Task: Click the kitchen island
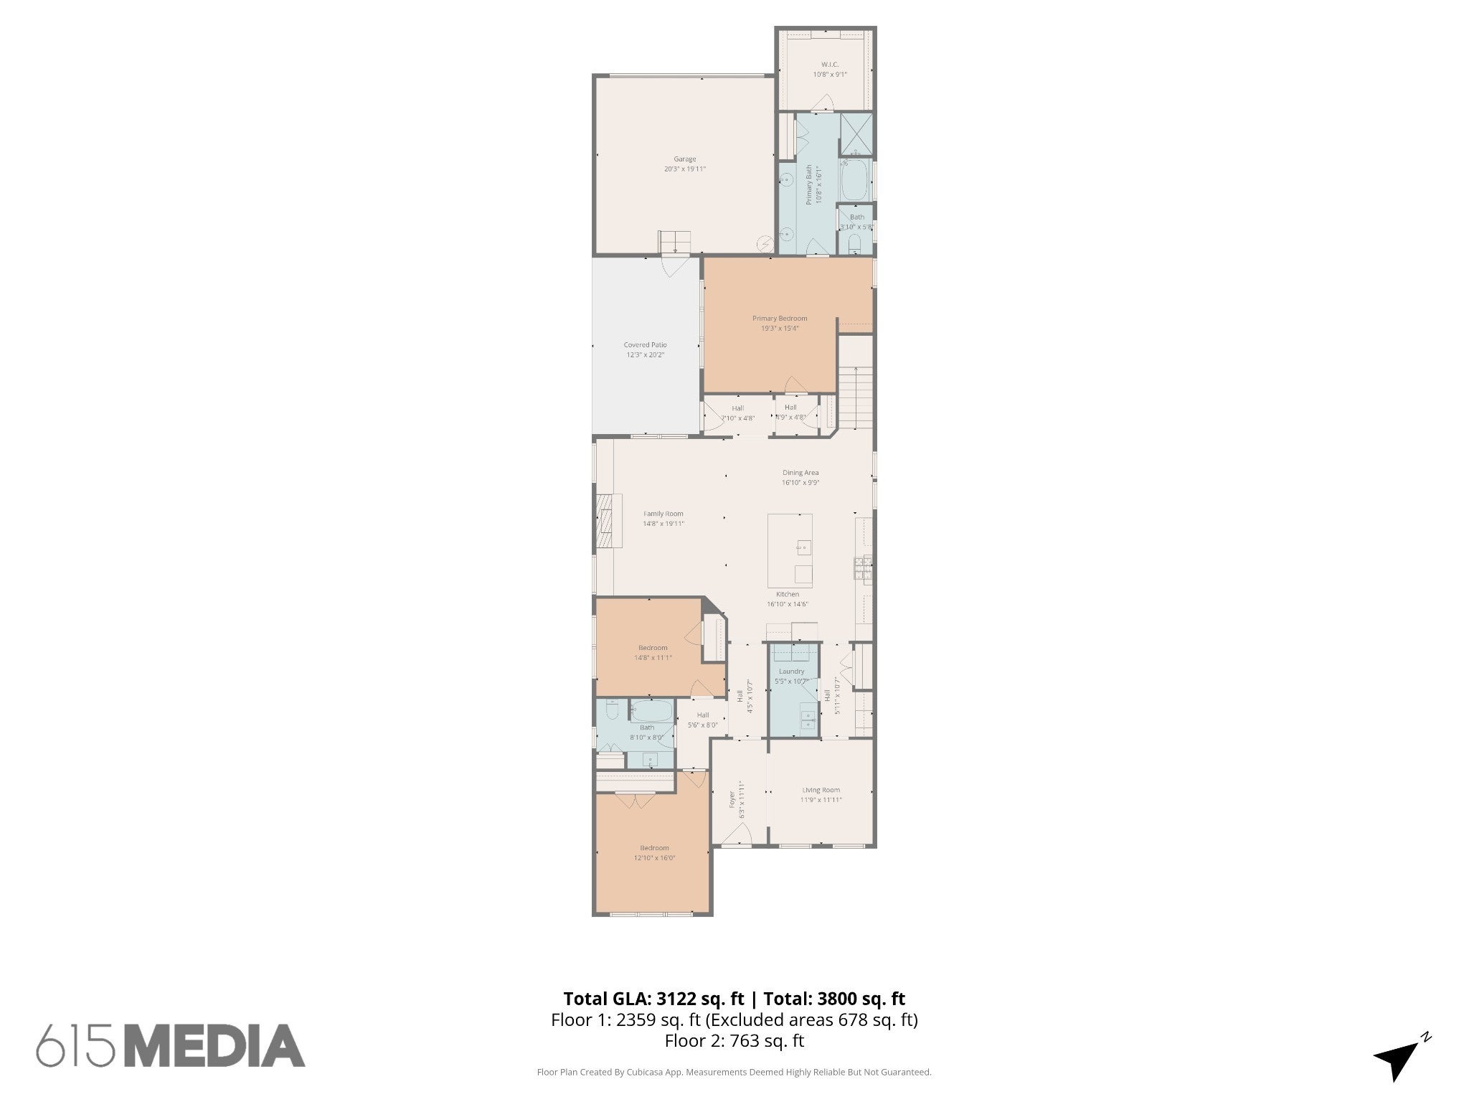790,550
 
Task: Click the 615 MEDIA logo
171,1045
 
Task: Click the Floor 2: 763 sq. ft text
734,1041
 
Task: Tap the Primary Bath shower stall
856,134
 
